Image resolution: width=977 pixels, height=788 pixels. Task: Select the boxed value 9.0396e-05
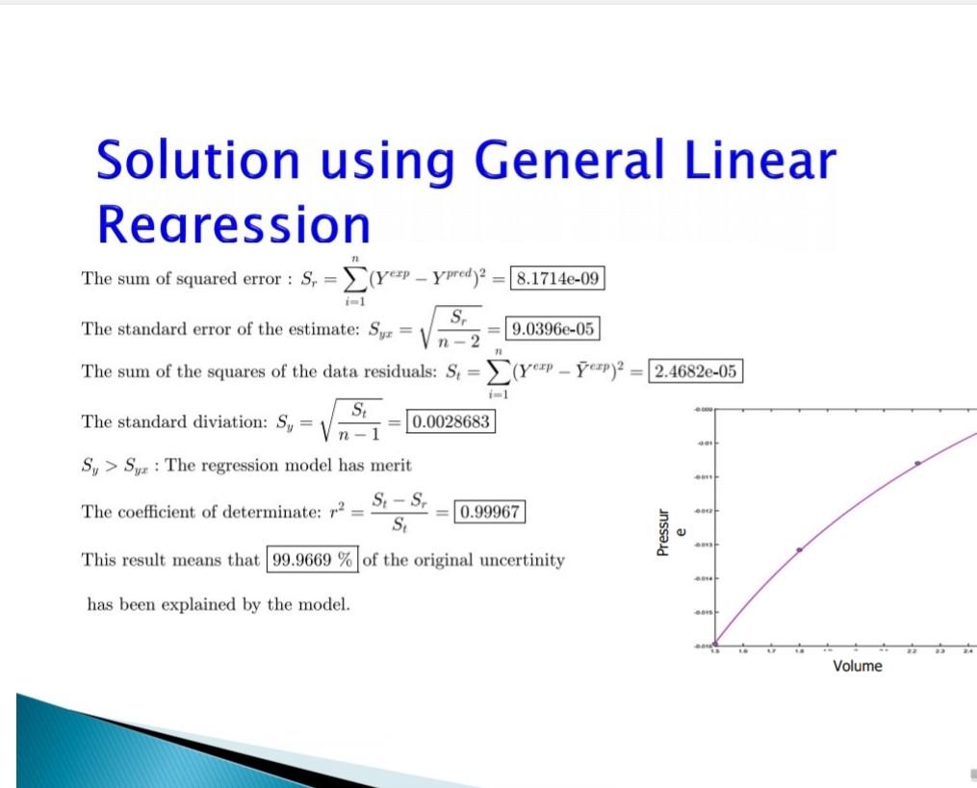(553, 329)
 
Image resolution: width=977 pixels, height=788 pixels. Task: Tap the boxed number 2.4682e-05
(696, 371)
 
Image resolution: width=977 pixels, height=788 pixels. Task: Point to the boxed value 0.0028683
(451, 421)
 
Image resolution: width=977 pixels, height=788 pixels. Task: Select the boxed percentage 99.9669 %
(312, 560)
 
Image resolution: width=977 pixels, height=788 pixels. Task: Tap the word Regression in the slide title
(233, 225)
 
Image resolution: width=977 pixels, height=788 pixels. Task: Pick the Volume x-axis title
(857, 667)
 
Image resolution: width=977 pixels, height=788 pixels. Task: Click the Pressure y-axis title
(668, 532)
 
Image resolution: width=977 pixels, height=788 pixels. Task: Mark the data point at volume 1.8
(799, 549)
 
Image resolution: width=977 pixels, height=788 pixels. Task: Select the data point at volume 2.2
(917, 463)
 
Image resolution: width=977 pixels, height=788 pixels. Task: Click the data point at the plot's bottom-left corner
(714, 644)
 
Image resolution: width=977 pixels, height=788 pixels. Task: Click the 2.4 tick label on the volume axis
(967, 651)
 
